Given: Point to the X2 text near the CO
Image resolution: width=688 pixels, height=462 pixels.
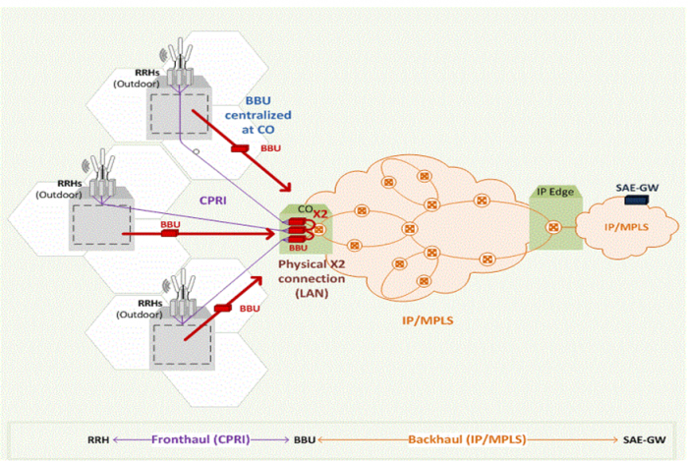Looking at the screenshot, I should click(x=320, y=213).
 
